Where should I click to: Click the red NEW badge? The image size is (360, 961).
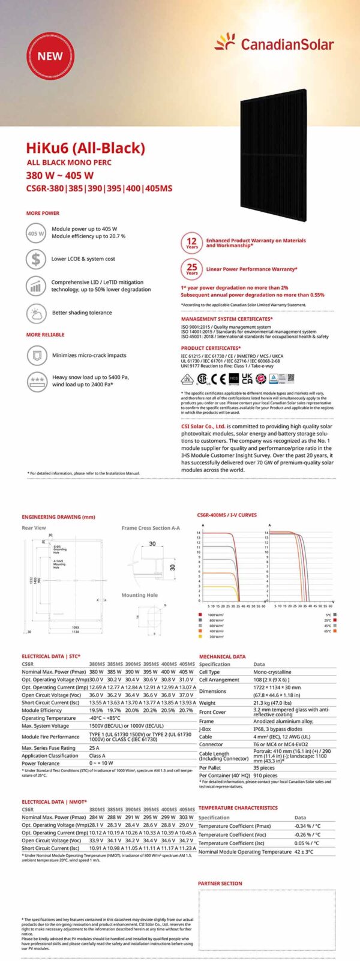[x=50, y=56]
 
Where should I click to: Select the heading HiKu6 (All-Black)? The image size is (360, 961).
[x=85, y=148]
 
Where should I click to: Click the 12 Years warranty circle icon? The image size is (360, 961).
[x=191, y=243]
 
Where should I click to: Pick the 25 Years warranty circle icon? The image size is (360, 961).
[x=191, y=269]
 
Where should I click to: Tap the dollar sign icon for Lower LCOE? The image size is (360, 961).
[x=36, y=259]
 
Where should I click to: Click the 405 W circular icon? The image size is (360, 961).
[x=36, y=233]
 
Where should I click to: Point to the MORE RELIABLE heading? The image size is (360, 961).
[x=45, y=335]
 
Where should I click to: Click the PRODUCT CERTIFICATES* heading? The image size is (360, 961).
[x=211, y=348]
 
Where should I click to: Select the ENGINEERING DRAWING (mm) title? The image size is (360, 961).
[x=58, y=516]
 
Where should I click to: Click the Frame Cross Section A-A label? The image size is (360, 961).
[x=150, y=528]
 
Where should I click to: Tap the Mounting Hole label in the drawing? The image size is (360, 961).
[x=139, y=595]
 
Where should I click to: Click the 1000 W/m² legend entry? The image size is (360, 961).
[x=215, y=615]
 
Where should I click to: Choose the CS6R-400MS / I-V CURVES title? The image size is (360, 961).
[x=226, y=515]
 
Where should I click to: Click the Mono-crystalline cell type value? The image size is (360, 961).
[x=272, y=672]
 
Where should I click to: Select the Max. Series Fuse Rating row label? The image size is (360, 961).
[x=49, y=748]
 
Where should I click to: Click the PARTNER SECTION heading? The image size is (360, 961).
[x=220, y=883]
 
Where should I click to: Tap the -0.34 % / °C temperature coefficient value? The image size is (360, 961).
[x=307, y=826]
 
